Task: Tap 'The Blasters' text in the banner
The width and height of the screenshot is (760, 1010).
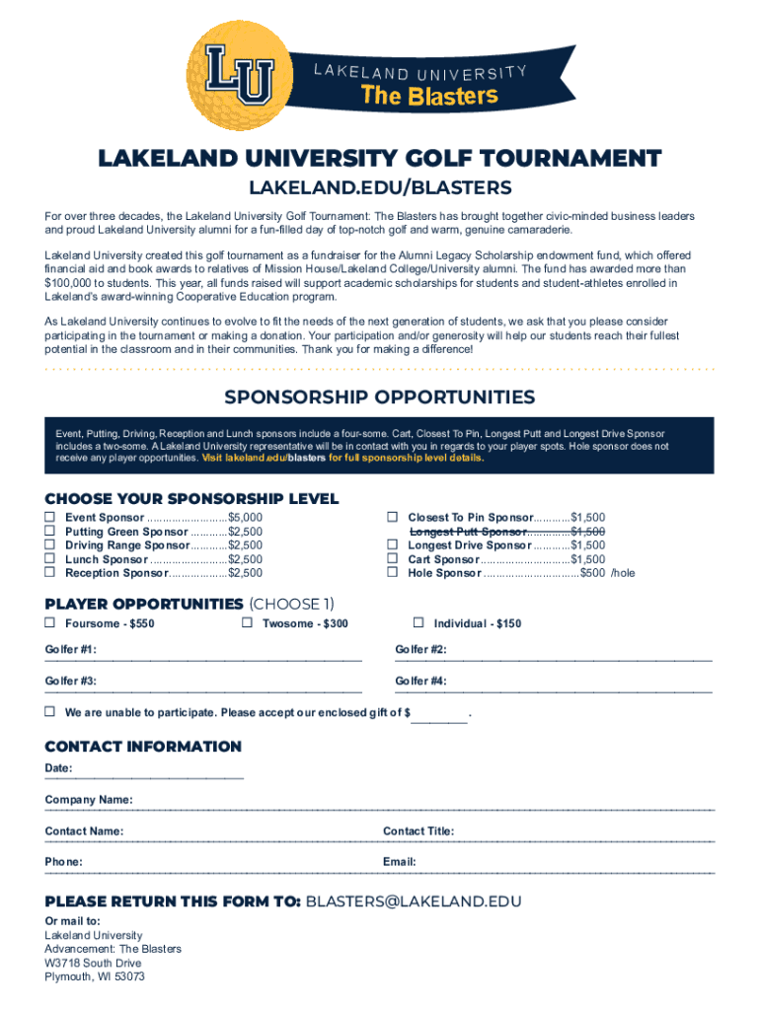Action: (428, 96)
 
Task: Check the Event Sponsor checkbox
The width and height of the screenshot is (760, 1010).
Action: (49, 517)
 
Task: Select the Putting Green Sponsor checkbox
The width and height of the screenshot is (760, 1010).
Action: (49, 531)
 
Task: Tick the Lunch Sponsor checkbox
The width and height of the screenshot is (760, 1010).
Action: (49, 558)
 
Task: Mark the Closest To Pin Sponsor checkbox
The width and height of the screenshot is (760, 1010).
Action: (392, 517)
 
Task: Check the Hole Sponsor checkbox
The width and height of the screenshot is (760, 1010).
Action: (392, 572)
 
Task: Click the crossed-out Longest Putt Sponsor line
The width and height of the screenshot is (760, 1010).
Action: (507, 531)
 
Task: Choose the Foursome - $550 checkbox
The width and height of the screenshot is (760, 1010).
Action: (49, 622)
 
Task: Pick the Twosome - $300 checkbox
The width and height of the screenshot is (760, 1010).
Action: (247, 622)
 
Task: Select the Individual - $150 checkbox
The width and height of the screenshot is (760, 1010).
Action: (418, 622)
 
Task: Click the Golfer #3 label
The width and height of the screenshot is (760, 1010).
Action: (70, 681)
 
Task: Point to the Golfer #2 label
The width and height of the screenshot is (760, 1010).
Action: (420, 649)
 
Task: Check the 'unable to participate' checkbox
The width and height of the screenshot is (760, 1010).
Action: (49, 711)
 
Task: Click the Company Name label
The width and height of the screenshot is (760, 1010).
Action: (89, 799)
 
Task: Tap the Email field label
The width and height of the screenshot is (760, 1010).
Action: (399, 862)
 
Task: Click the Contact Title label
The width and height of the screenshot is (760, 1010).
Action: (418, 830)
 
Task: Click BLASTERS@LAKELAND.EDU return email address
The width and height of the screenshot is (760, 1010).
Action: (414, 902)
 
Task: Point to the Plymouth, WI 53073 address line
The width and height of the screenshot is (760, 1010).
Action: (95, 976)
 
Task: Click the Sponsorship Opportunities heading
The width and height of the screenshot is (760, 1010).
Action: (379, 397)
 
